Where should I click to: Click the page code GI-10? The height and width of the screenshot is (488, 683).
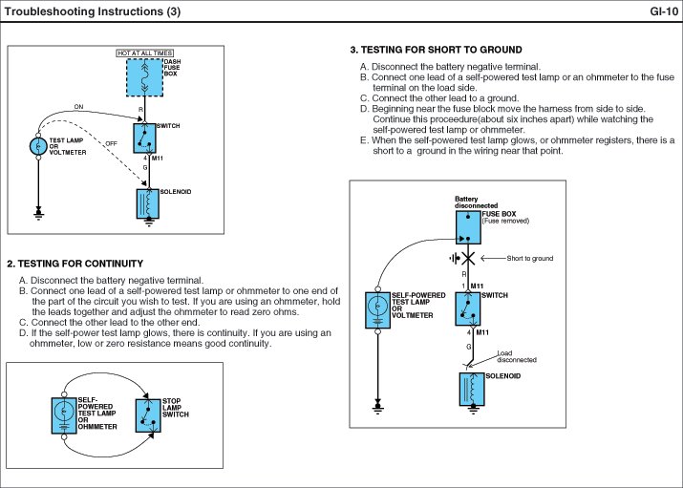click(663, 11)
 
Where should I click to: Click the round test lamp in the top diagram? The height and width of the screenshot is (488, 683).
click(38, 146)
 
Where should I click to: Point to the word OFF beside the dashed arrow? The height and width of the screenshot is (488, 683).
click(111, 142)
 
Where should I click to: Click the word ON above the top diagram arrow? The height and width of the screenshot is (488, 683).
click(78, 106)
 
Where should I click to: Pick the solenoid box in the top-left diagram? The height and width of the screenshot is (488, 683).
click(148, 203)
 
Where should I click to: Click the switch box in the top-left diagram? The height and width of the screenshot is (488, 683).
click(144, 139)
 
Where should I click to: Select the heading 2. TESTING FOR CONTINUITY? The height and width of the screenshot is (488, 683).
click(75, 264)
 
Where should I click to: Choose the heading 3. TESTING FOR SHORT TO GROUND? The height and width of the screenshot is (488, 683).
click(437, 50)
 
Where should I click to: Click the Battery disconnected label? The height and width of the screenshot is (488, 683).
click(473, 202)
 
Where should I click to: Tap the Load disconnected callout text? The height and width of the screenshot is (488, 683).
click(516, 356)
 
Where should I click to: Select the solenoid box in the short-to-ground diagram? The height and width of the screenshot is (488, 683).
click(471, 389)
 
